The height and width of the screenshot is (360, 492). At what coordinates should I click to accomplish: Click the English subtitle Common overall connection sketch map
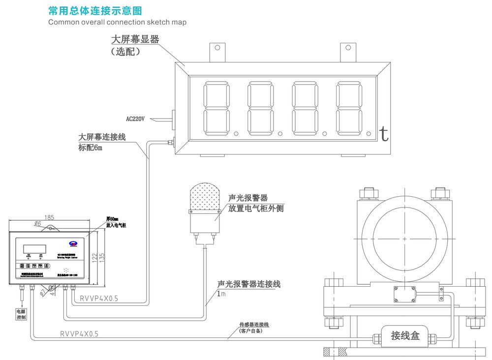pos(117,22)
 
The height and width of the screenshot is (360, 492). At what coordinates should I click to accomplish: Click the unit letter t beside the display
pos(384,133)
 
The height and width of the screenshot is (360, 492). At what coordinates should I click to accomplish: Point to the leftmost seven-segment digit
pos(217,109)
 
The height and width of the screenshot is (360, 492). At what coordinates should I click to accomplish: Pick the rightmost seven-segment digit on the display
pos(350,109)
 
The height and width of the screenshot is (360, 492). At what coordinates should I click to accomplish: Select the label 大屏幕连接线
pos(102,137)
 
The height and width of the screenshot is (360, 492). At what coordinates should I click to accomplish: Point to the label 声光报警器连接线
pos(249,284)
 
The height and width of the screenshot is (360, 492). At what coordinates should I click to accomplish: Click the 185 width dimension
pos(49,217)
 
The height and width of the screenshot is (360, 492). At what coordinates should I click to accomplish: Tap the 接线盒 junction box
pos(405,336)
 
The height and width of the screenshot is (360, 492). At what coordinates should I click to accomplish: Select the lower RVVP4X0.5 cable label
pos(79,334)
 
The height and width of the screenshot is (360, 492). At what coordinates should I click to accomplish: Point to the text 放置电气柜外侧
pos(256,208)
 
